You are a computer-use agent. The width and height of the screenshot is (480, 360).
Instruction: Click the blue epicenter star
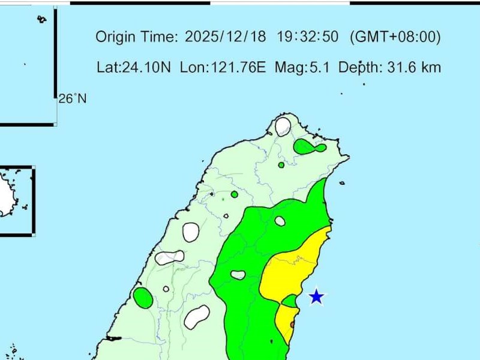coord(316,296)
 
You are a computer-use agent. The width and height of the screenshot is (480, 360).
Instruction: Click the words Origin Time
coord(137,37)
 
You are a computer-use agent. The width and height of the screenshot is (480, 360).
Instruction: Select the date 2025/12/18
coord(226,37)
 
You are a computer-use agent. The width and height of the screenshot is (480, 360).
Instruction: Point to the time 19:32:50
coord(308,37)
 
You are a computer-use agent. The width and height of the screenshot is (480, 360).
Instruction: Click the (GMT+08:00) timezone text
coord(395,37)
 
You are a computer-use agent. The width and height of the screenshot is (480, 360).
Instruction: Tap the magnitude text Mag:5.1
coord(302,67)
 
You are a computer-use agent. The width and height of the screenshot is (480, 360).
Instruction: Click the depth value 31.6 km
coord(412,67)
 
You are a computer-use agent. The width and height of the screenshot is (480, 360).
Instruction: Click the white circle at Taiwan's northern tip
coord(283,127)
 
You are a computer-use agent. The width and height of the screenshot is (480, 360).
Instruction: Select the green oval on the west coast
coord(143,298)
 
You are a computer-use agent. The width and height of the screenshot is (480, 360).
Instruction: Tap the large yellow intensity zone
coord(291,270)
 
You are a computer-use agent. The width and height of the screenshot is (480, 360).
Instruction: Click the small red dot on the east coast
coord(293,325)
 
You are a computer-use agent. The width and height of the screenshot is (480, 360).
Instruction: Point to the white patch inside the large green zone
coord(238,275)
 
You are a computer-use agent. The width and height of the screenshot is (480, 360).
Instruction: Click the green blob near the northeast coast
coord(308,146)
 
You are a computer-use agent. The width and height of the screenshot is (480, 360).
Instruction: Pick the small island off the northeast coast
coord(341,183)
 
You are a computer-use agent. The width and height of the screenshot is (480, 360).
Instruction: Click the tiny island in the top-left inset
coord(41,20)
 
